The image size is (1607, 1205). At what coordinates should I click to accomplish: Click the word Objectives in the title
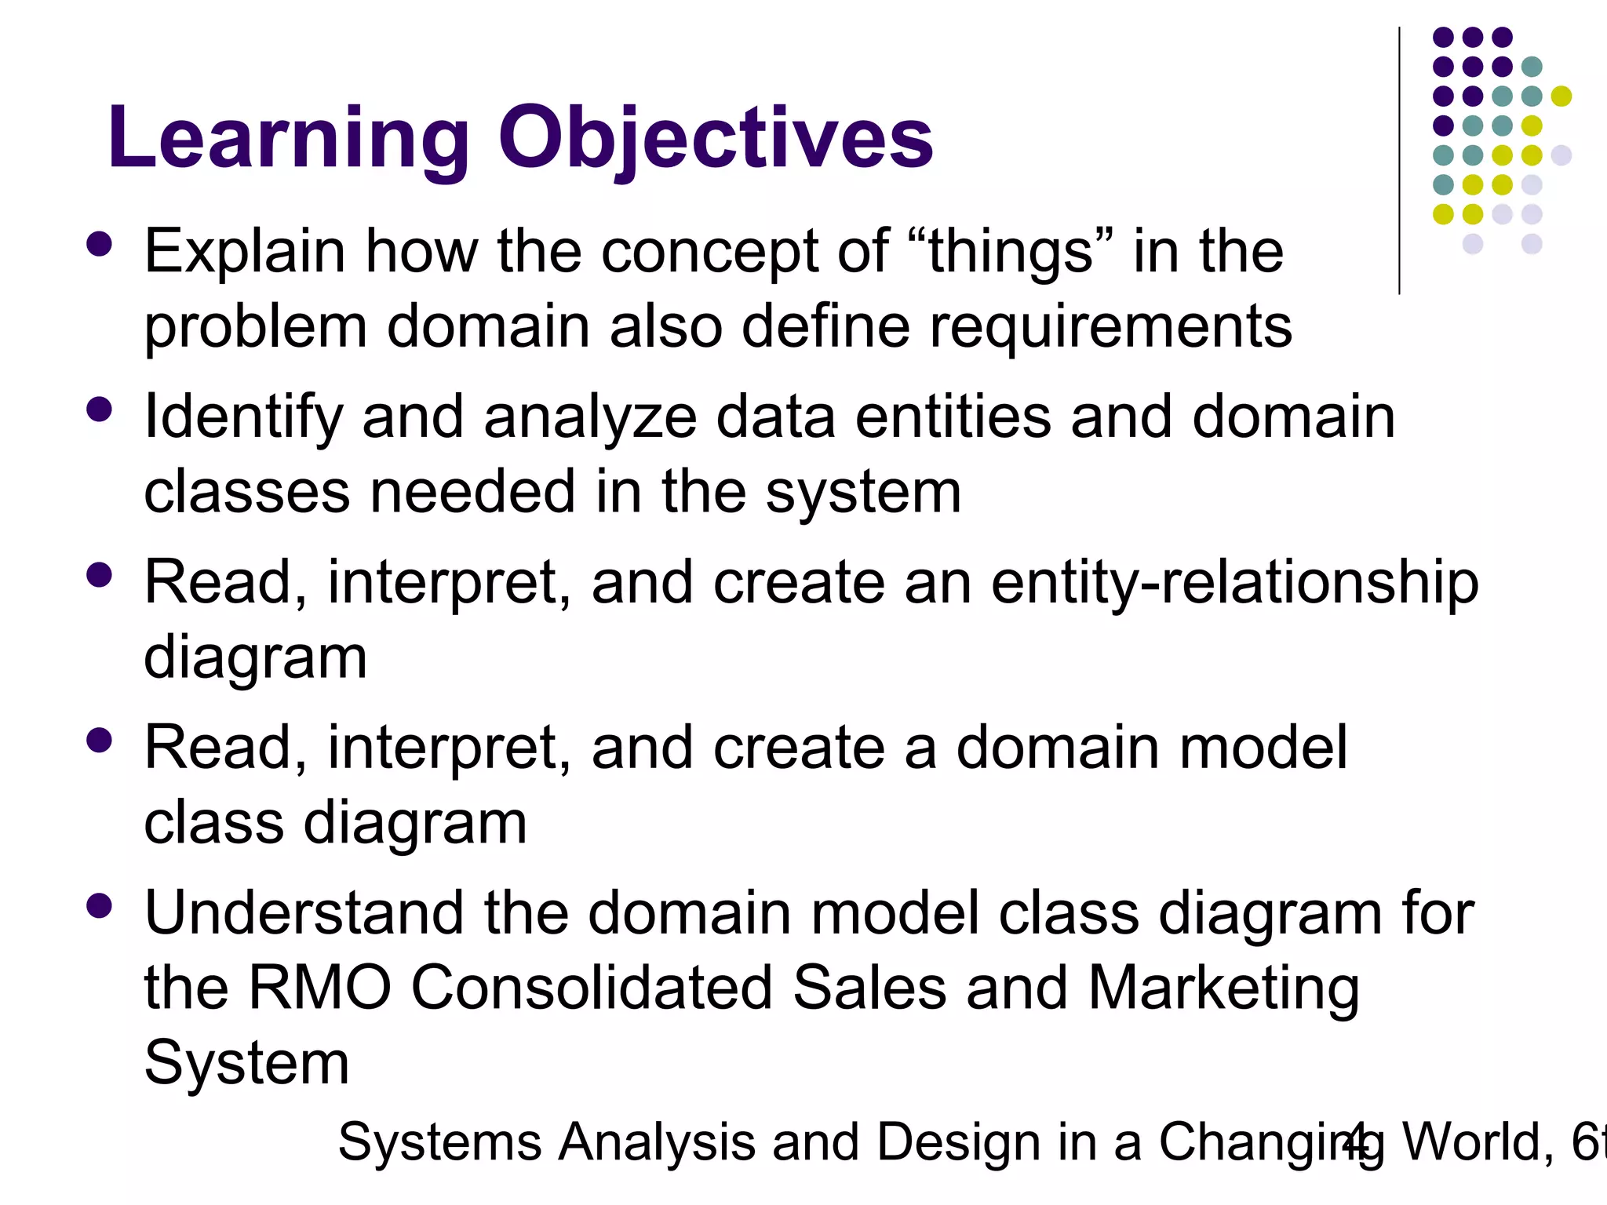(x=716, y=140)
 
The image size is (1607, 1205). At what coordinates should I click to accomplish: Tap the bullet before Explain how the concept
(x=100, y=244)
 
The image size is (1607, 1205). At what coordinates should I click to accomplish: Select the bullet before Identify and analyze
(x=100, y=410)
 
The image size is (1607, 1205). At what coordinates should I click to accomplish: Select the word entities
(x=953, y=417)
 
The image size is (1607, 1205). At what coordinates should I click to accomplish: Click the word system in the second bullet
(x=863, y=493)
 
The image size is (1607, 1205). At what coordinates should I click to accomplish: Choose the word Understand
(x=304, y=913)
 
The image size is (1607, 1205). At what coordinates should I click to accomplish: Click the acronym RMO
(x=319, y=988)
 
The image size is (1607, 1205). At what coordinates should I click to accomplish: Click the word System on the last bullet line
(x=246, y=1064)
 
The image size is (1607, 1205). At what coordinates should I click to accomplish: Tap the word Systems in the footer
(x=439, y=1142)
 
